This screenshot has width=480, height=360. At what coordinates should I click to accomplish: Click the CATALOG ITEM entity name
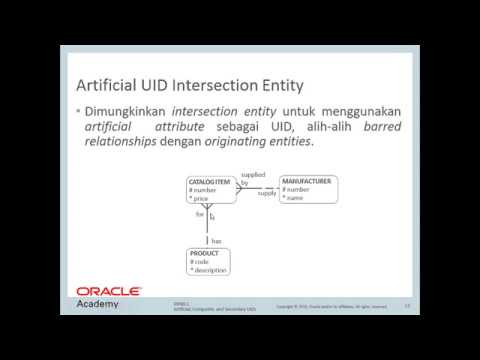point(211,182)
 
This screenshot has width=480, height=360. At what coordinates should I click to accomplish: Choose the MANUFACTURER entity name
point(307,181)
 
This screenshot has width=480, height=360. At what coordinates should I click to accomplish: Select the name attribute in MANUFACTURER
point(297,197)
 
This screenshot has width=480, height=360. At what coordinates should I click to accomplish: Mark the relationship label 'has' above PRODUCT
point(215,240)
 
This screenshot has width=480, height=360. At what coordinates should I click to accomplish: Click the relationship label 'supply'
point(267,193)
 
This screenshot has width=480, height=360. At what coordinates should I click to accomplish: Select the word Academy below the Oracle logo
point(98,304)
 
